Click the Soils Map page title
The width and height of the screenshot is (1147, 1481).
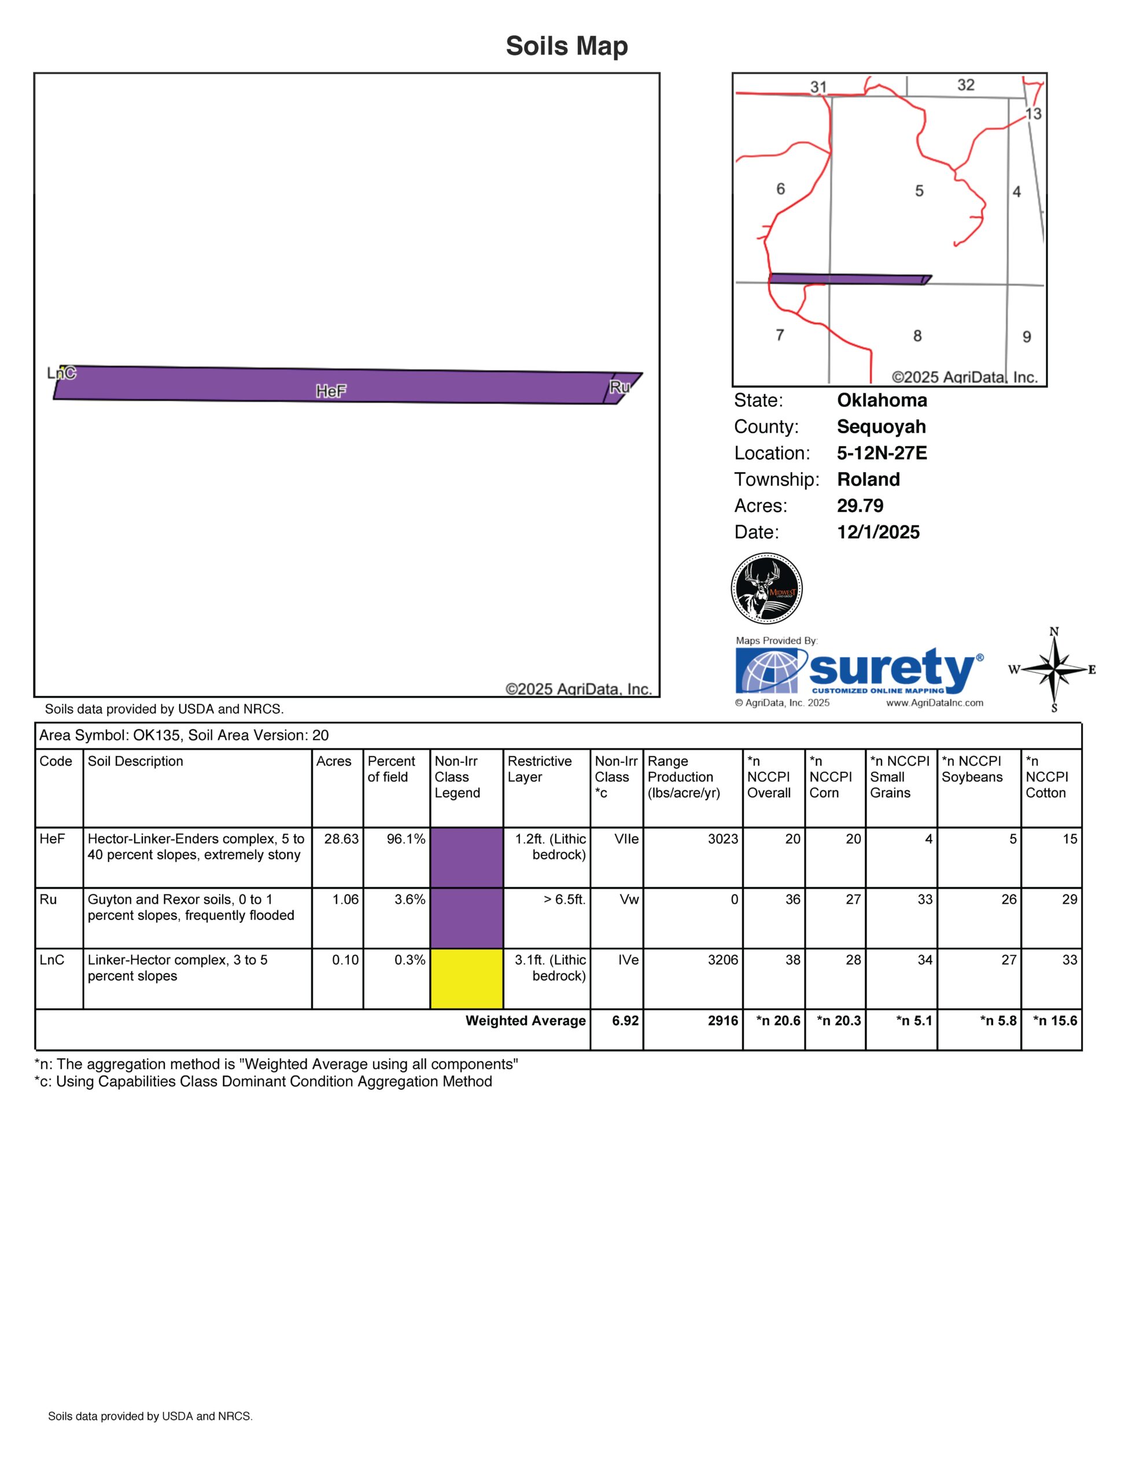[567, 46]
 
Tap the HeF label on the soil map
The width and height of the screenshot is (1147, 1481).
[331, 391]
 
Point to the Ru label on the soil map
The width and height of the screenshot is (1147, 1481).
[619, 387]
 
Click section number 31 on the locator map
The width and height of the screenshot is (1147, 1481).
[818, 87]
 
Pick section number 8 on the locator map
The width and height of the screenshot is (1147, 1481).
[917, 336]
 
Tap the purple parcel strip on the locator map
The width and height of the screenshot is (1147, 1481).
[847, 279]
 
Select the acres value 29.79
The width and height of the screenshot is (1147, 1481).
[860, 506]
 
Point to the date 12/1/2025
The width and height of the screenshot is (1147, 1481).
[878, 532]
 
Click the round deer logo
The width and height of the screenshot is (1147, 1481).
[767, 588]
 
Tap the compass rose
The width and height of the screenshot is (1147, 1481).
[1054, 670]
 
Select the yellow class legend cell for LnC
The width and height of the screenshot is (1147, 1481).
[466, 978]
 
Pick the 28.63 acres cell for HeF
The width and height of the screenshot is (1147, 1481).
[341, 839]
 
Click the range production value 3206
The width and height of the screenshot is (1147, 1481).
[722, 960]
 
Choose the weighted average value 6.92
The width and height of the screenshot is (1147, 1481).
[625, 1021]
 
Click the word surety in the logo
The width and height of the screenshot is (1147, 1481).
[891, 668]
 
